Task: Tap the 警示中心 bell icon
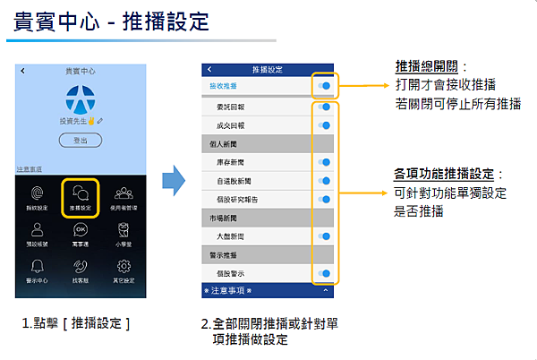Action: (35, 266)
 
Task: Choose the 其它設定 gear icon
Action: (124, 266)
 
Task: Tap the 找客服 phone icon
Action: (81, 266)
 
